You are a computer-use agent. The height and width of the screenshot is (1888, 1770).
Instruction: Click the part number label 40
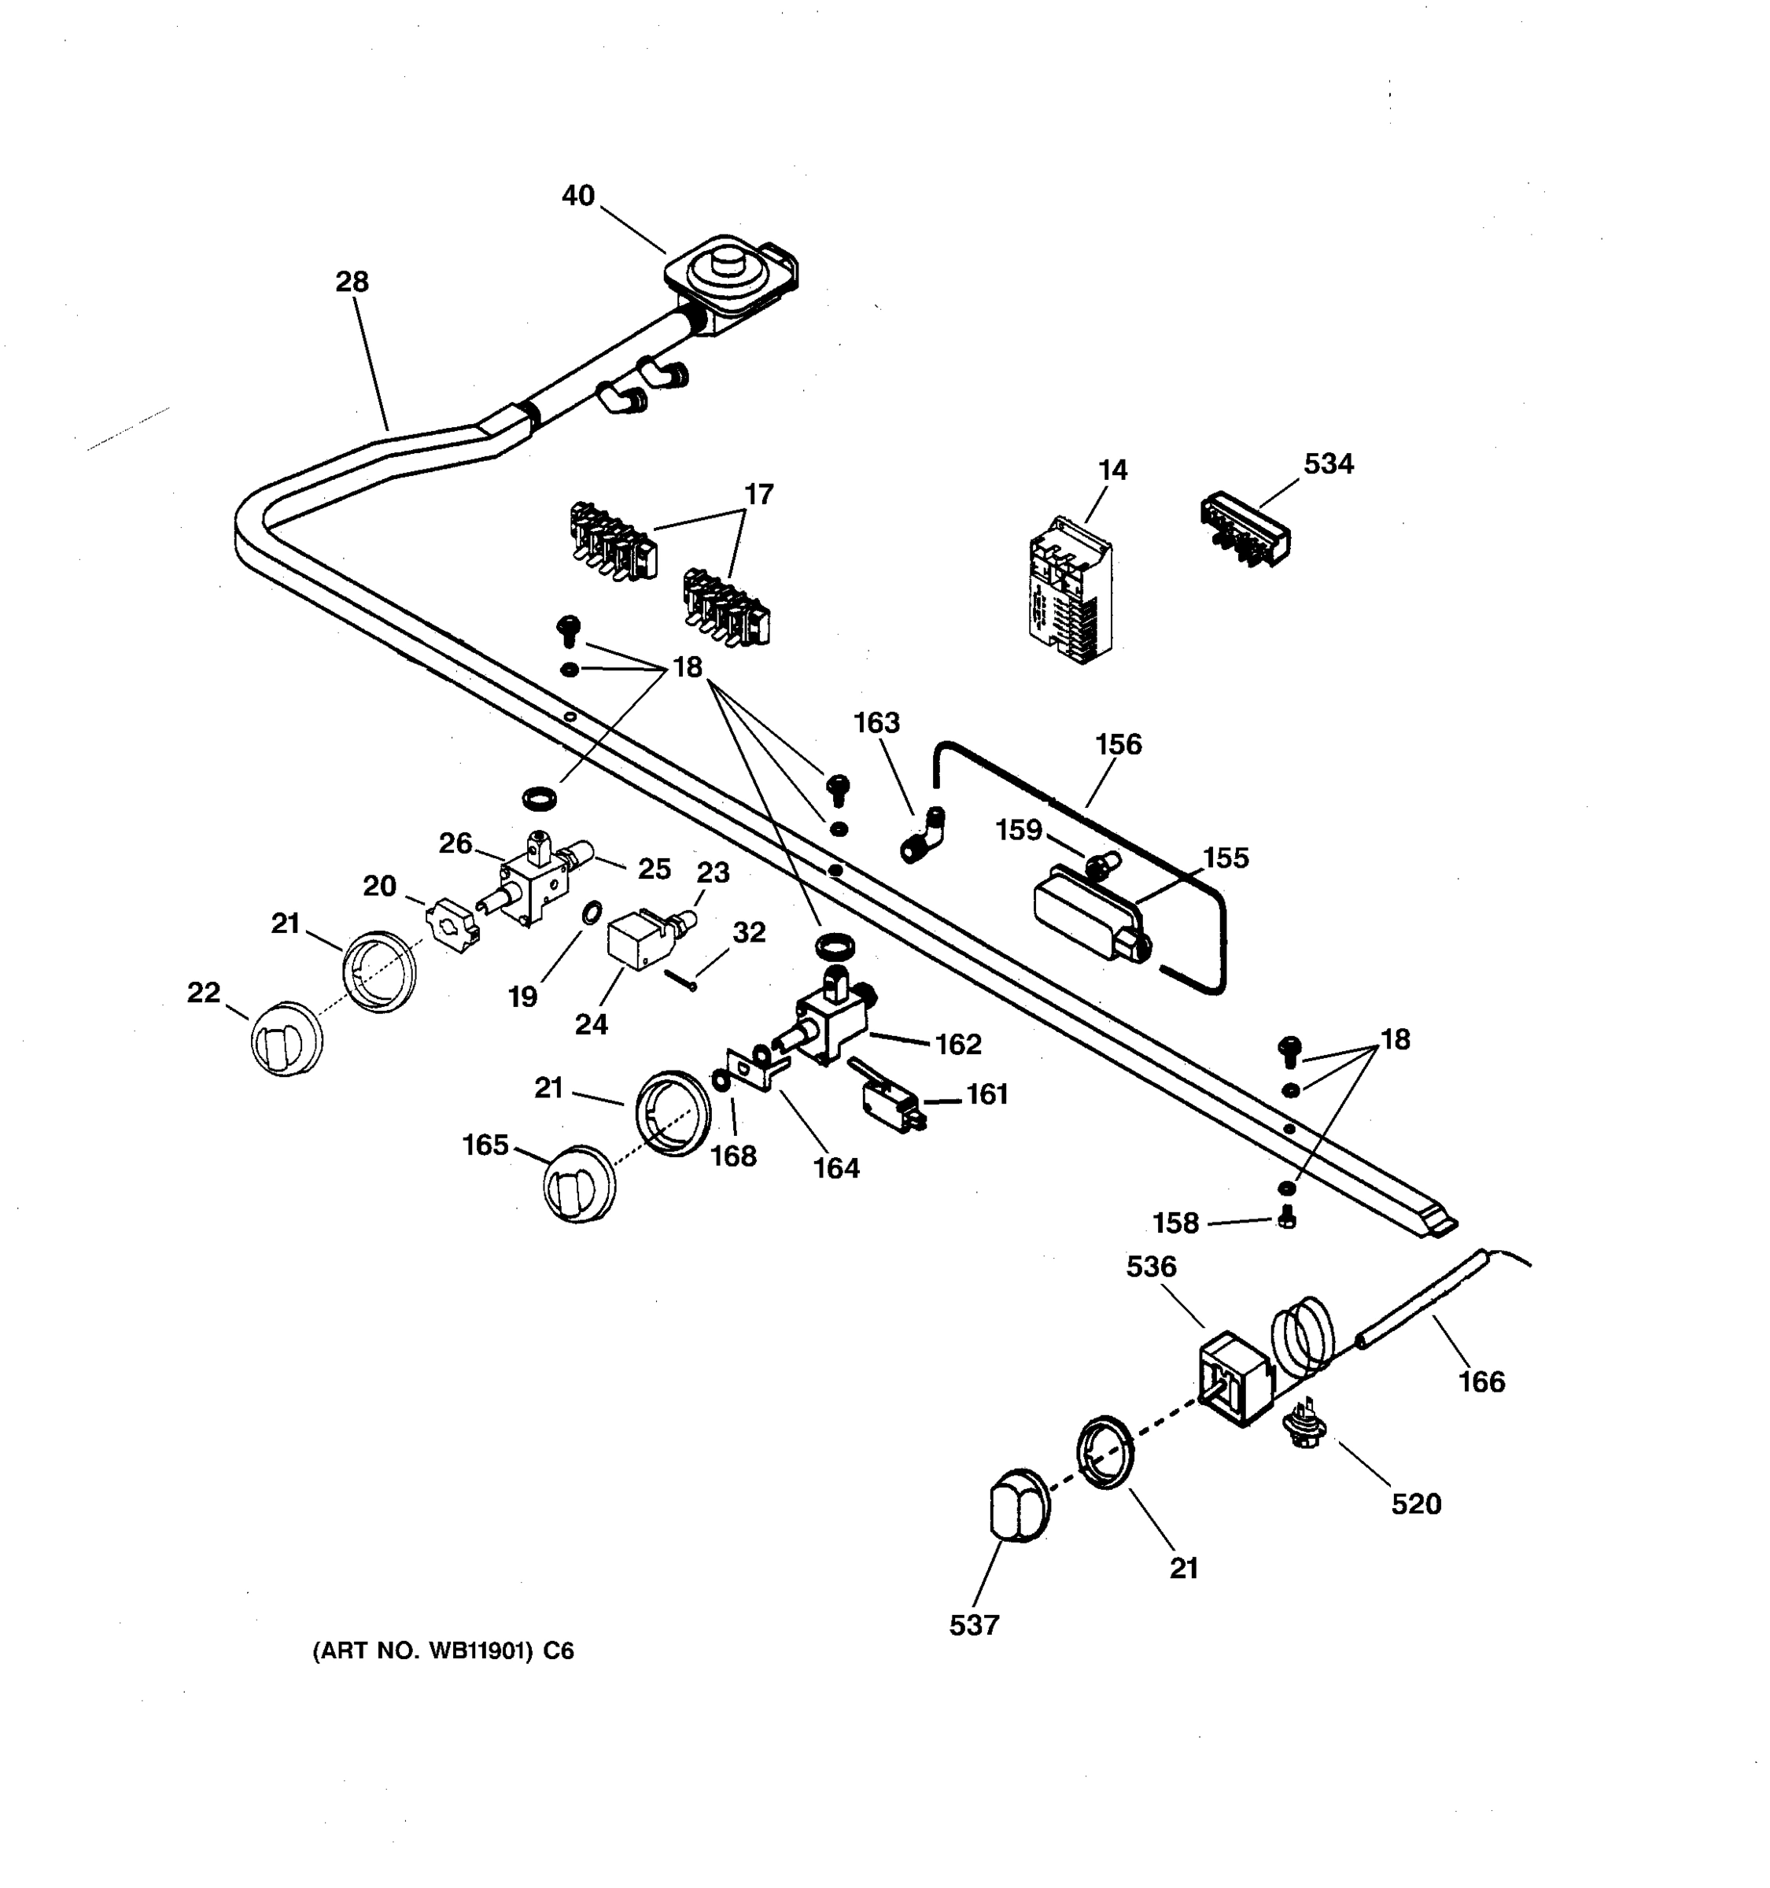coord(577,196)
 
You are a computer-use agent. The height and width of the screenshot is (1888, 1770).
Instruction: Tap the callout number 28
coord(352,282)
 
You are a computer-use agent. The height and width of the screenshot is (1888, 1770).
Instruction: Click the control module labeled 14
coord(1070,591)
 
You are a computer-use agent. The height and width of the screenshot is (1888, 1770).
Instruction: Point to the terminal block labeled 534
coord(1244,529)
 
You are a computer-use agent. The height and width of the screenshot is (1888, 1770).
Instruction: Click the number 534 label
coord(1328,464)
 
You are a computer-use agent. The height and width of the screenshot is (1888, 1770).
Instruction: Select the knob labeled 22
coord(286,1040)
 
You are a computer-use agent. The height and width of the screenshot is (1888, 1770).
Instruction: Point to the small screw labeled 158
coord(1287,1218)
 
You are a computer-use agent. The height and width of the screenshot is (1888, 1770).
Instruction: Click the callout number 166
coord(1481,1382)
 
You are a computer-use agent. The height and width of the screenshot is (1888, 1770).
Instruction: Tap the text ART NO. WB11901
coord(442,1651)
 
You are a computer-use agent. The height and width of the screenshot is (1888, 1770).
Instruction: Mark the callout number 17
coord(758,495)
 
